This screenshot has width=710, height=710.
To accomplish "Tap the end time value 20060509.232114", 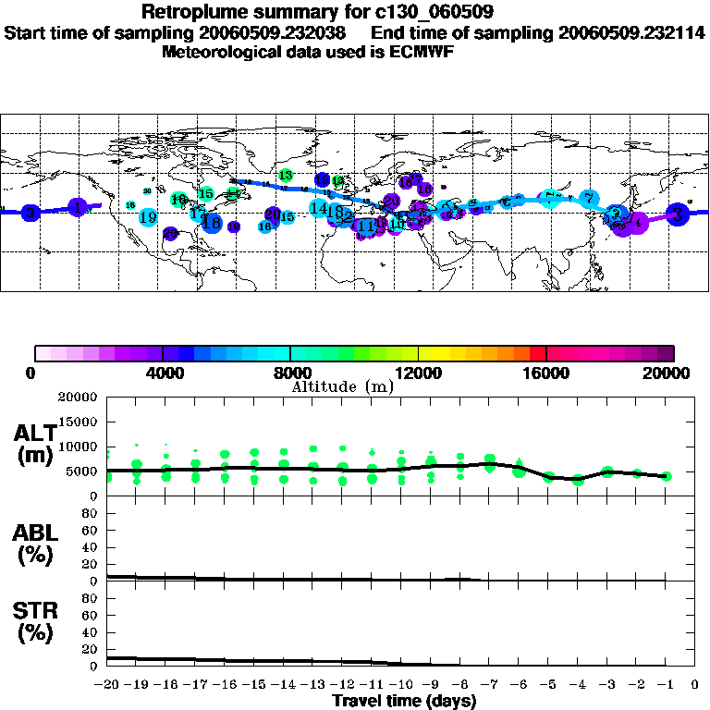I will coord(632,32).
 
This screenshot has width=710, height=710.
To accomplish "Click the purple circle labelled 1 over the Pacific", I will coord(80,207).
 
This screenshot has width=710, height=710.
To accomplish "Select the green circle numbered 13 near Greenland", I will coord(286,176).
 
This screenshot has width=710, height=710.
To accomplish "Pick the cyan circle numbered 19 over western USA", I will coord(148,217).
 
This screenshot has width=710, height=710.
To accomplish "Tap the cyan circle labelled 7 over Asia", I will coord(589,198).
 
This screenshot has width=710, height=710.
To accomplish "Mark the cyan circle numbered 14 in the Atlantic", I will coord(318,208).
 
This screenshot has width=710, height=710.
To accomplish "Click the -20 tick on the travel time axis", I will coord(107,685).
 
